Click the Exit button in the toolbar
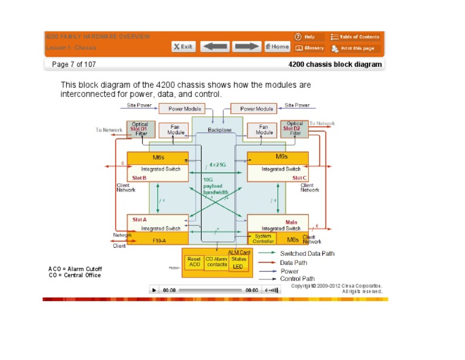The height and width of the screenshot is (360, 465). [183, 47]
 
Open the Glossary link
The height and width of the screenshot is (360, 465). [309, 48]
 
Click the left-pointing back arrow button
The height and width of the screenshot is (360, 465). [214, 47]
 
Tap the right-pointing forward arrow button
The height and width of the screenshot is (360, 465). [246, 47]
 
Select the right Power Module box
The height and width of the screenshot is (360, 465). [257, 109]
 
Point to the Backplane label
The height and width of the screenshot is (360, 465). [220, 130]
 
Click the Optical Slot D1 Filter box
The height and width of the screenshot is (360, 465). [140, 128]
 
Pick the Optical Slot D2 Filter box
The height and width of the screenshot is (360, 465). [295, 128]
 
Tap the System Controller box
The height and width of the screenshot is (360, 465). [263, 239]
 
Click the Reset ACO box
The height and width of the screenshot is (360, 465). [194, 262]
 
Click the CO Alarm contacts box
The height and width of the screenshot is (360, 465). [216, 262]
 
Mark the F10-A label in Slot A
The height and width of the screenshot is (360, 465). [157, 241]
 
